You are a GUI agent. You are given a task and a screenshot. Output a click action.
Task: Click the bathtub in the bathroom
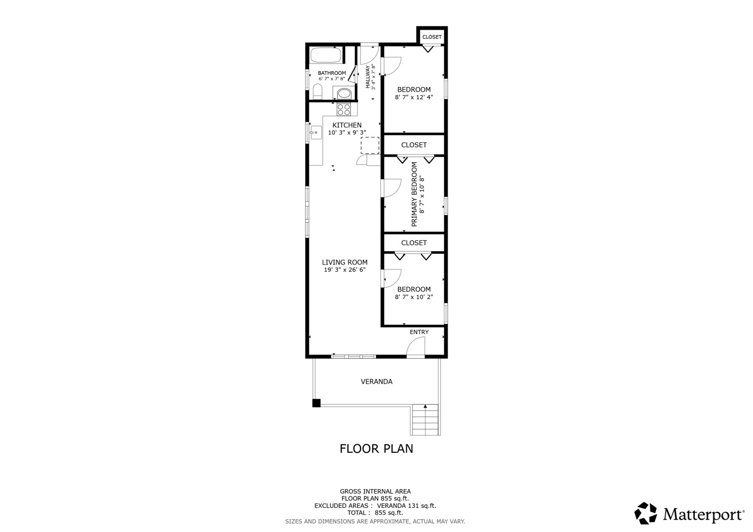[x=325, y=55]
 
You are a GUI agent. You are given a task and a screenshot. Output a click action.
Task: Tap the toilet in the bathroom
[x=318, y=92]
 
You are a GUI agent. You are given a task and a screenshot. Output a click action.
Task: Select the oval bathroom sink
[x=344, y=93]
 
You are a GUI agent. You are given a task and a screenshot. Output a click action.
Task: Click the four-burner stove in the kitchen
[x=344, y=109]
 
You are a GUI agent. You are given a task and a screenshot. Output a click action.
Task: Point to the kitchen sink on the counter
[x=315, y=133]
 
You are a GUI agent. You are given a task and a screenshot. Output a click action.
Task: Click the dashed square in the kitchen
[x=370, y=145]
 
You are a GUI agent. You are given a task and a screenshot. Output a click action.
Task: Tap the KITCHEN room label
[x=347, y=125]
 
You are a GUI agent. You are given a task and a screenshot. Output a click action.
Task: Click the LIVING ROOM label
[x=344, y=263]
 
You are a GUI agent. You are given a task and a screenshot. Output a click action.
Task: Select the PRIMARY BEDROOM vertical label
[x=414, y=194]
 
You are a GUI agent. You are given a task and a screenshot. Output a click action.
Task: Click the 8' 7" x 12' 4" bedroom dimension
[x=414, y=98]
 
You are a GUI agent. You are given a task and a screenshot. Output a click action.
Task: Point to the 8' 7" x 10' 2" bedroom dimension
[x=414, y=297]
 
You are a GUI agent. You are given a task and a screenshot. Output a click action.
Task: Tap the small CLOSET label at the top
[x=432, y=37]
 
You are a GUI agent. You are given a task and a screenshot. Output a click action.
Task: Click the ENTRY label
[x=419, y=332]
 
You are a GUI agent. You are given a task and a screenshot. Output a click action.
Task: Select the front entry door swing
[x=416, y=347]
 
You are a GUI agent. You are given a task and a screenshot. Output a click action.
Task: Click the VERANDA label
[x=376, y=382]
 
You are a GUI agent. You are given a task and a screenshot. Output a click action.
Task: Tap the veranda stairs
[x=425, y=420]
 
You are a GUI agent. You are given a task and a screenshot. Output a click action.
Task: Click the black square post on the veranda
[x=316, y=403]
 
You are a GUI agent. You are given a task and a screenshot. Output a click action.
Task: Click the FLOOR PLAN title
[x=376, y=449]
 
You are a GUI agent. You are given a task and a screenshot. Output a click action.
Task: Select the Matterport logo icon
[x=645, y=514]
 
